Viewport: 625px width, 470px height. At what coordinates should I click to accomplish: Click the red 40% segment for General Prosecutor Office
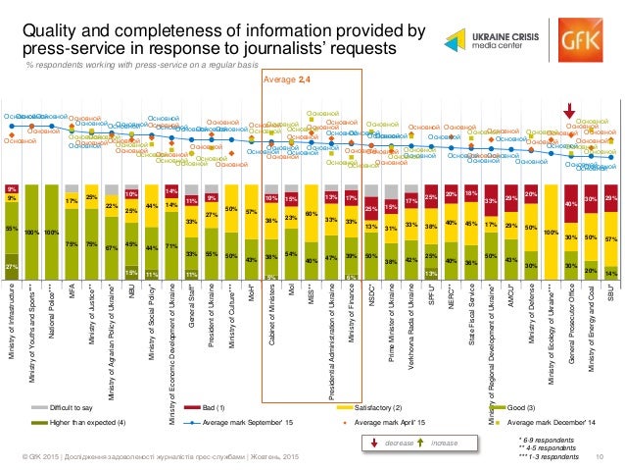[571, 203]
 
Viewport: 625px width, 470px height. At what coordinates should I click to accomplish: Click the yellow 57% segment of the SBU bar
[611, 240]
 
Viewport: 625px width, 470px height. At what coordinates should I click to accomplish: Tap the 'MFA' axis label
[72, 290]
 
